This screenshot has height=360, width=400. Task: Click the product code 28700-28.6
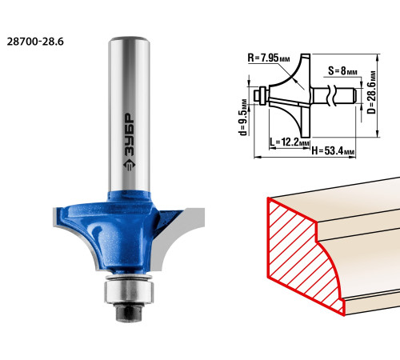pos(35,42)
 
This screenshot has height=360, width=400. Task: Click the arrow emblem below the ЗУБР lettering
pos(130,165)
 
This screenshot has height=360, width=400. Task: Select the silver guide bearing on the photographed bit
pos(129,291)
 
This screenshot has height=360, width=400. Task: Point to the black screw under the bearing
pos(129,311)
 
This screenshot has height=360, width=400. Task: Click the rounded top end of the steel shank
pos(129,40)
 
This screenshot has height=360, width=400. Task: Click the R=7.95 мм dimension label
pos(269,58)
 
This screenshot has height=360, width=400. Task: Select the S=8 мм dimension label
pos(342,70)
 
